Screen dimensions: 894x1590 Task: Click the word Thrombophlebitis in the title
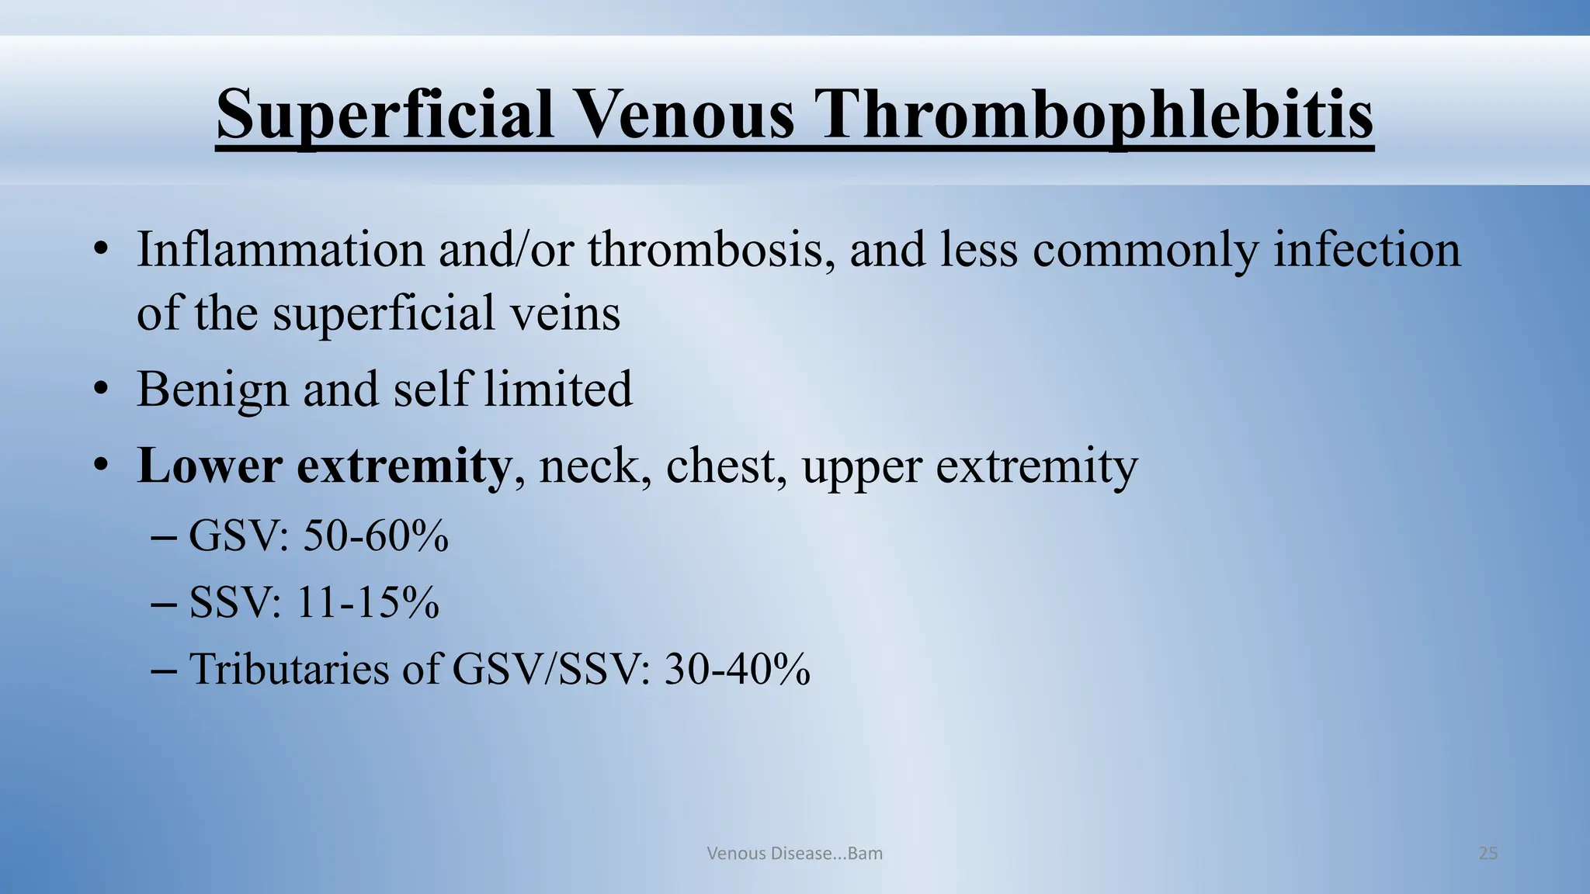(x=1095, y=115)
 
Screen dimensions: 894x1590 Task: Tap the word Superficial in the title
(x=385, y=115)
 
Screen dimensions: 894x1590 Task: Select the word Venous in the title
(x=686, y=115)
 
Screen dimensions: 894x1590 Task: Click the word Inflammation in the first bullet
(x=280, y=250)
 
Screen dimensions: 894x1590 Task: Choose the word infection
(x=1366, y=250)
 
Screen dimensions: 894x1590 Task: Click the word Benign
(x=212, y=390)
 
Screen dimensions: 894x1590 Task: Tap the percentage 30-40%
(x=738, y=669)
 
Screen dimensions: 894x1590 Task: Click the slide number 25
(x=1488, y=854)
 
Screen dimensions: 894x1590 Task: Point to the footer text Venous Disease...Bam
(x=794, y=854)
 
